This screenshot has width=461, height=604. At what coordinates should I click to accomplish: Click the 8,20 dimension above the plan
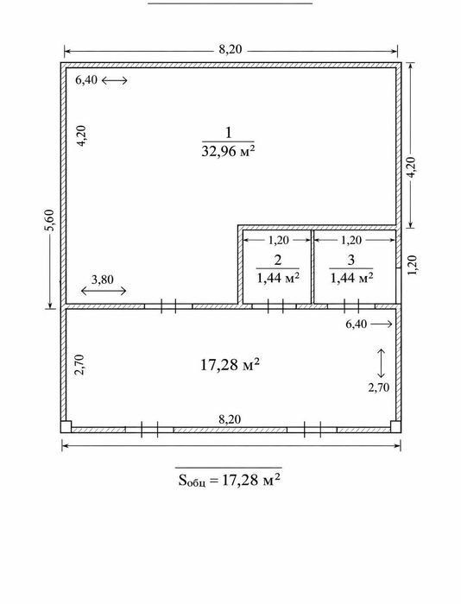point(230,49)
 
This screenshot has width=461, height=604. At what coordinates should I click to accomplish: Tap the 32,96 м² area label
point(228,151)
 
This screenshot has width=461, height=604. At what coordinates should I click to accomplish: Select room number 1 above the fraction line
point(229,133)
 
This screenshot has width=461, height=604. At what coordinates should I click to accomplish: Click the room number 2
point(277,260)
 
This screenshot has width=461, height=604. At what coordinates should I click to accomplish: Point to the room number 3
point(350,260)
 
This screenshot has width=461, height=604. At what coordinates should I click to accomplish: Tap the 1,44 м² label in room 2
point(278,277)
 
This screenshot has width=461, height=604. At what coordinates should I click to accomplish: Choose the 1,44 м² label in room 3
point(351,277)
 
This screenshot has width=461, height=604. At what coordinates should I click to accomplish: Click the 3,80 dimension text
point(103,280)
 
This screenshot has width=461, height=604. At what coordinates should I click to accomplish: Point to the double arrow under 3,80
point(104,291)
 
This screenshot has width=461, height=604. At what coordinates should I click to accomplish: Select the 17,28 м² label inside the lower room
point(230,364)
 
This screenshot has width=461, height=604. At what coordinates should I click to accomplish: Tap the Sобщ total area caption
point(229,480)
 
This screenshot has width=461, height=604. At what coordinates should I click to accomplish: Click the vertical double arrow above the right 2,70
point(382,363)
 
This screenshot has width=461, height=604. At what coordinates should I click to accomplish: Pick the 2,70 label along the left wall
point(80,365)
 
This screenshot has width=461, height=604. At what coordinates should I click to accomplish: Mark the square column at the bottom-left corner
point(66,426)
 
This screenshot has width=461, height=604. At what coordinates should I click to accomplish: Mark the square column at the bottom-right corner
point(395,426)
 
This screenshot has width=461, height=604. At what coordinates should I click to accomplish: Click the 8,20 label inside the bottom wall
point(230,419)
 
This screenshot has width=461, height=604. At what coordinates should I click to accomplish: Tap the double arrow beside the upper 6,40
point(115,80)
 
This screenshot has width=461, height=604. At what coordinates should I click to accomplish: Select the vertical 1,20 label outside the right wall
point(413,265)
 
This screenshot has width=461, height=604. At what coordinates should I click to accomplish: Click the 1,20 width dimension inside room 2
point(278,240)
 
